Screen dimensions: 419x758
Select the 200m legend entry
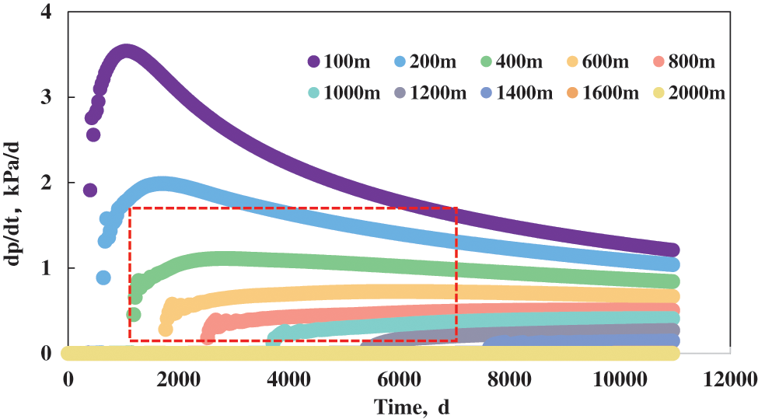pyautogui.click(x=421, y=61)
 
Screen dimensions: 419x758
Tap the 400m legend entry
pyautogui.click(x=507, y=61)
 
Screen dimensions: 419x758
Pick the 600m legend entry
pyautogui.click(x=595, y=61)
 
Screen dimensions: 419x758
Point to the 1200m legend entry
pyautogui.click(x=430, y=93)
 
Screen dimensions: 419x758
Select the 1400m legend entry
pyautogui.click(x=517, y=93)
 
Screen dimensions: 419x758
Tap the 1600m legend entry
pyautogui.click(x=604, y=93)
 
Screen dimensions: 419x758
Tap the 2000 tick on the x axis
pyautogui.click(x=178, y=379)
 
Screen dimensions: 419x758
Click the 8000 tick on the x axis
pyautogui.click(x=508, y=379)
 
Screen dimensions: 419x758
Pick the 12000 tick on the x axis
pyautogui.click(x=728, y=379)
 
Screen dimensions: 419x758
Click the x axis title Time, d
pyautogui.click(x=412, y=407)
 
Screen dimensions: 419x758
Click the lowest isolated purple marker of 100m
pyautogui.click(x=90, y=190)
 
